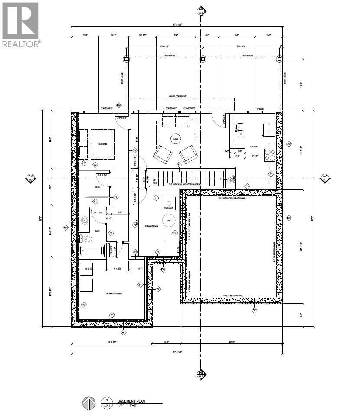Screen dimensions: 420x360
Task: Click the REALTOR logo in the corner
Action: coord(21,24)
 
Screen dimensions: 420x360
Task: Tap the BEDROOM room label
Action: coord(103,143)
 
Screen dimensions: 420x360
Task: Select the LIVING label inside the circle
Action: coord(176,139)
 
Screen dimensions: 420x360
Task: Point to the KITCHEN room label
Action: coord(255,147)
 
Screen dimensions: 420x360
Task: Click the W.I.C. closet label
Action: coord(98,187)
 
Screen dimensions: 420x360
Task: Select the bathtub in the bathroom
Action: coord(92,251)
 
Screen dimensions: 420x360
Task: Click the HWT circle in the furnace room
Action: coord(169,221)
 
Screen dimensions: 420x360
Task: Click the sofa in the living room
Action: coord(175,121)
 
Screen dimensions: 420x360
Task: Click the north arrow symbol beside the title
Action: coord(88,403)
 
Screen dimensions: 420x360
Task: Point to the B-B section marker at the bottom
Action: coord(200,374)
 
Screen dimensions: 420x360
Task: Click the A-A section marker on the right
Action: coord(325,177)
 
